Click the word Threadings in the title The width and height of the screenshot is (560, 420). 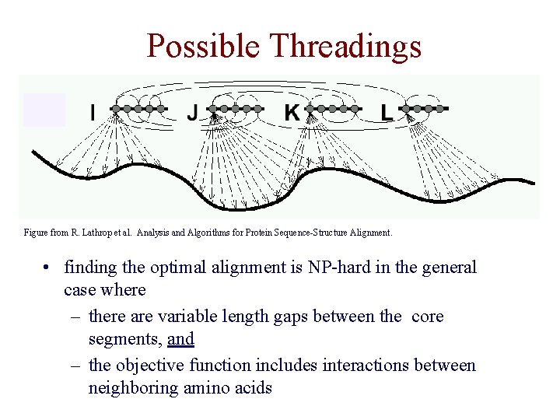click(x=345, y=46)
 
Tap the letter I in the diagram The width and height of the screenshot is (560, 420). click(x=93, y=114)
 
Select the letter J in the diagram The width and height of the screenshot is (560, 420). click(x=192, y=114)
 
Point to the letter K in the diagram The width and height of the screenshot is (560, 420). click(x=292, y=114)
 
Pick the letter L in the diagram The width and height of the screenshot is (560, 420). click(x=387, y=114)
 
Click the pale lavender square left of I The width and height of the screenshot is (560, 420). click(x=44, y=109)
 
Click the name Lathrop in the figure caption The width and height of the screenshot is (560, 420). click(x=103, y=232)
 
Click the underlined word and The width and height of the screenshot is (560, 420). click(x=180, y=339)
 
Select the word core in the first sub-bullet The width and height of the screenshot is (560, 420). click(x=427, y=317)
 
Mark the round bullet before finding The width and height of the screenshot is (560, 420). click(x=48, y=268)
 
